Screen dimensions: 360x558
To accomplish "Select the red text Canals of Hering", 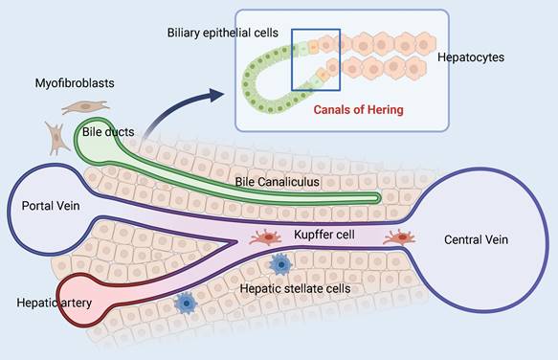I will click(359, 109).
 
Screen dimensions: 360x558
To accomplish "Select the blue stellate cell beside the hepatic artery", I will click(186, 304).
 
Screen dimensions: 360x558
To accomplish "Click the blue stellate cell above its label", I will click(281, 262).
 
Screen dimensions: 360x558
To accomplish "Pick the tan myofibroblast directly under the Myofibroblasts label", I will click(78, 108).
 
